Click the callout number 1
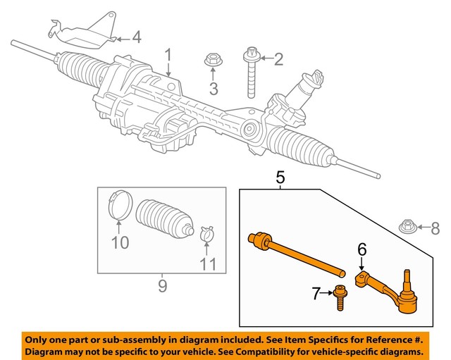coord(168,55)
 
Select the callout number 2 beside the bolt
coord(278,59)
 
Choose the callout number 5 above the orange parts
coord(280,179)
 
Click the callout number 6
coord(362,248)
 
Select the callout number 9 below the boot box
coord(161,285)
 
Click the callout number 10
coord(120,243)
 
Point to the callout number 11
coord(209,265)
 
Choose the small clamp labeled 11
coord(207,233)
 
